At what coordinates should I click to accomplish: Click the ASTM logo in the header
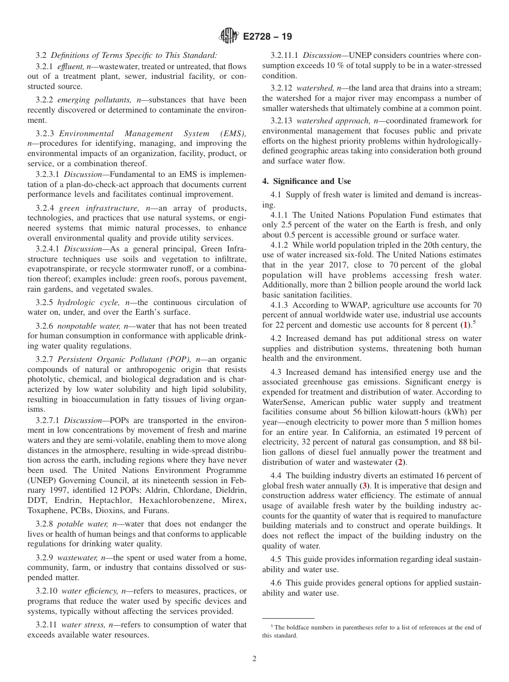coord(228,36)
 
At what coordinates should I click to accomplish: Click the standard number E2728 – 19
coord(267,37)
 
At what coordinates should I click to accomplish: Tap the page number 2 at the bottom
coord(254,659)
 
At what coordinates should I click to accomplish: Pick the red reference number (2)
coord(399,462)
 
